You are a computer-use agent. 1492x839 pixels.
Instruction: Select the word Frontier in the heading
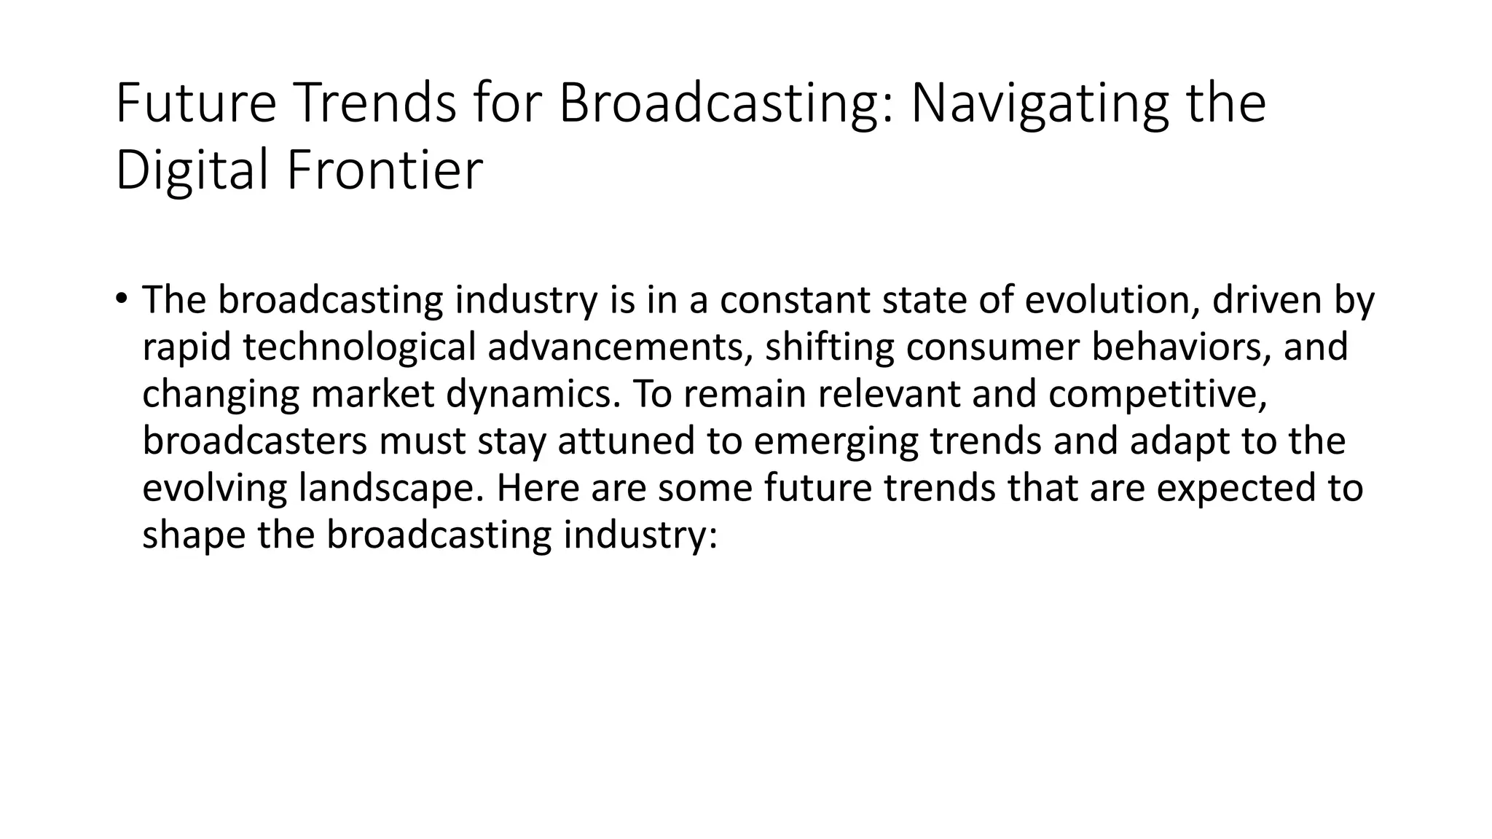click(385, 170)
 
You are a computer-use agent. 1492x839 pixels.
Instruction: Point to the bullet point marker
click(120, 299)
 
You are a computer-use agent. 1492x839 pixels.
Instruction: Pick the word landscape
click(391, 488)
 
